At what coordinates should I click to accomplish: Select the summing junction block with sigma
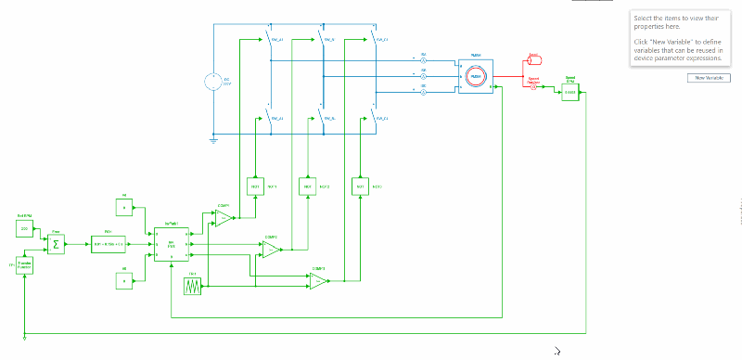56,245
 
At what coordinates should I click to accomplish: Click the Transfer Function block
25,264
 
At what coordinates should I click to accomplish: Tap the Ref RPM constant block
25,227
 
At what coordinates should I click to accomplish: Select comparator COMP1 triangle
224,218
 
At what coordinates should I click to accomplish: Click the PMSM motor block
474,76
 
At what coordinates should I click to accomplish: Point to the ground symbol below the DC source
214,139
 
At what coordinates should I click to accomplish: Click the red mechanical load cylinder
534,59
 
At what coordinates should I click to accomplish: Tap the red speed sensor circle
533,86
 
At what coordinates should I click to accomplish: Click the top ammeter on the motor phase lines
424,59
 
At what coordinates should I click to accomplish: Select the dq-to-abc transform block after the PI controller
172,245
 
